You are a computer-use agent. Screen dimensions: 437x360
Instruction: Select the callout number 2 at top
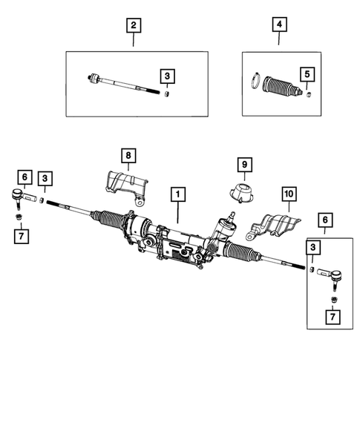[x=133, y=26]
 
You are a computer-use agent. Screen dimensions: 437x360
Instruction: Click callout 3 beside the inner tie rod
[x=168, y=75]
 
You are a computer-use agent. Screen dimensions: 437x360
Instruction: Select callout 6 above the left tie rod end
[x=24, y=177]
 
